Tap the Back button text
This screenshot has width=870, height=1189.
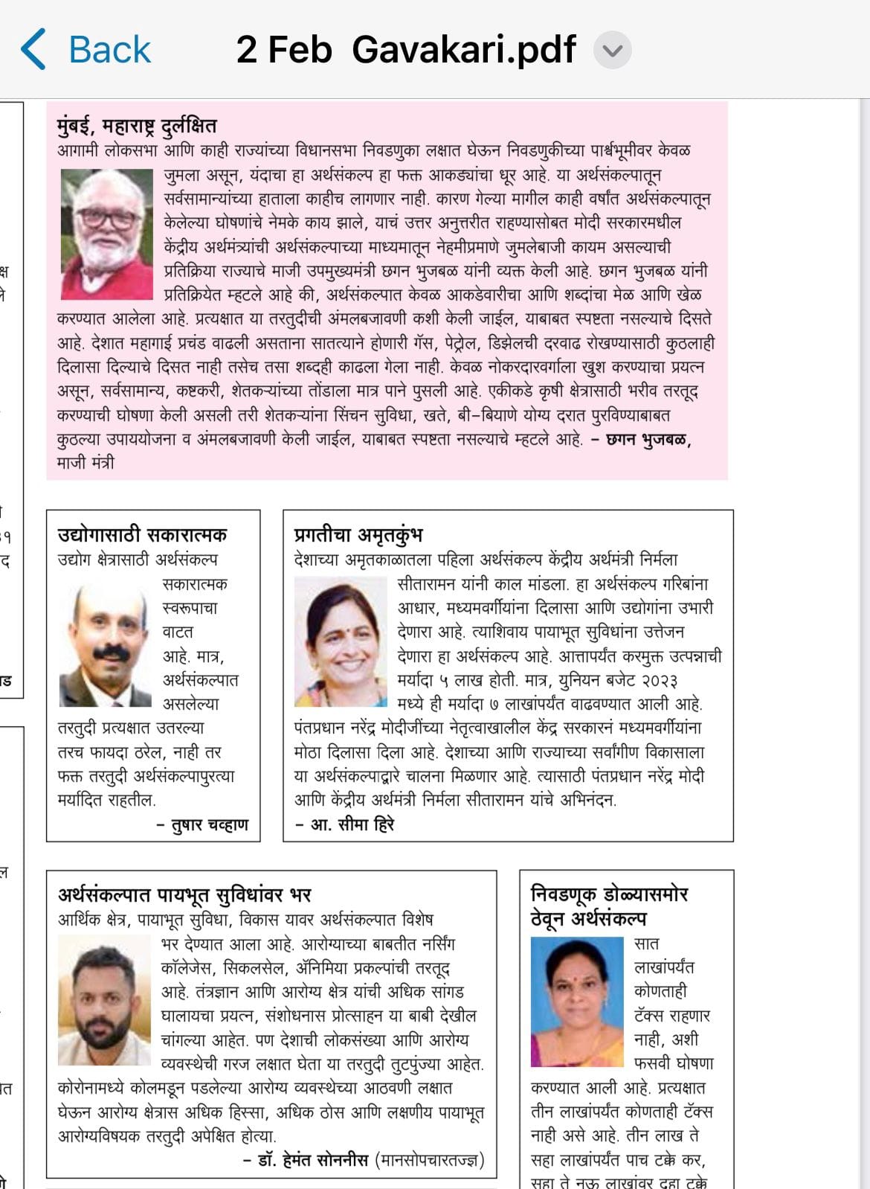click(109, 50)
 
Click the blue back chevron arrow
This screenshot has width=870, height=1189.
click(33, 50)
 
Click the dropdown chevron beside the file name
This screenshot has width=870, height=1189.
click(613, 51)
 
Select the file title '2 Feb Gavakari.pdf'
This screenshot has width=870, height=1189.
click(406, 50)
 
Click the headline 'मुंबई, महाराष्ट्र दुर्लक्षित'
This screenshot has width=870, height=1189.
click(137, 126)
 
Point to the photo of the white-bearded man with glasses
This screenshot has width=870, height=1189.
click(106, 234)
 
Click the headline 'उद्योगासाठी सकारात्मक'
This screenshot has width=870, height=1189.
click(142, 534)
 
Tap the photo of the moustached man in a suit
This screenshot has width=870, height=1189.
click(105, 645)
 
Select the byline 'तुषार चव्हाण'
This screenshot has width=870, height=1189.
click(210, 824)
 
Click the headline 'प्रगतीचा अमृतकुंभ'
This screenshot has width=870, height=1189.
click(358, 534)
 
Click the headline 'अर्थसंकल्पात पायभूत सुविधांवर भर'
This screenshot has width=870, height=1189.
click(184, 894)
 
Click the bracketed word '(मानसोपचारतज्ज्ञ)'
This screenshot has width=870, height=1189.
click(430, 1160)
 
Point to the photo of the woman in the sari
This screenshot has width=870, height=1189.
click(577, 1001)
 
